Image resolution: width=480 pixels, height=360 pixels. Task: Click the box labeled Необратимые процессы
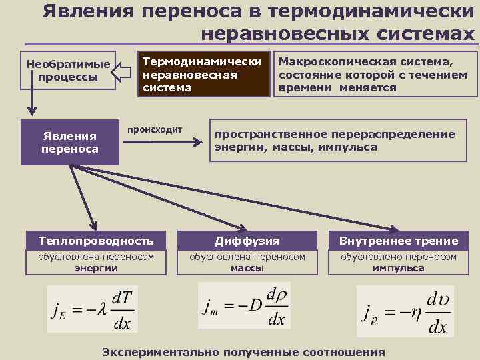coord(67,70)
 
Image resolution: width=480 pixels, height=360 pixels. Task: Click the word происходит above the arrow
coord(155,129)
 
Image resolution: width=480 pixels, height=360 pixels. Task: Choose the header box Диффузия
coord(247,241)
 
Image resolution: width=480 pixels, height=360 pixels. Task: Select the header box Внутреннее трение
coord(399,241)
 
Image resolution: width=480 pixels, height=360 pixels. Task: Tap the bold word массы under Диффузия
coord(247,268)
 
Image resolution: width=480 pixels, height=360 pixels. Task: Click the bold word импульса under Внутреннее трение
coord(399,268)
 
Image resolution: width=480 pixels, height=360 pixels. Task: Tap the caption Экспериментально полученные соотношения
coord(243,352)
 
